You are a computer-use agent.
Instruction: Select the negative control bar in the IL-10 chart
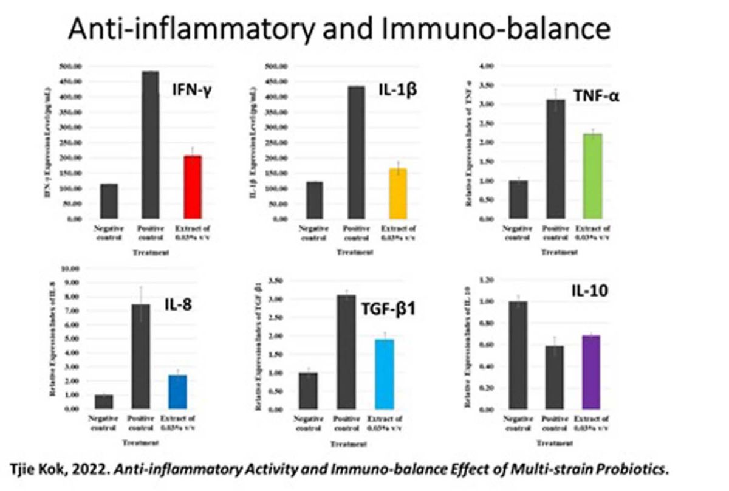point(518,355)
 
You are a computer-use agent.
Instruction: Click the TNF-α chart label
point(597,96)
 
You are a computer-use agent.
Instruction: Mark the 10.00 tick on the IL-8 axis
point(72,269)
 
